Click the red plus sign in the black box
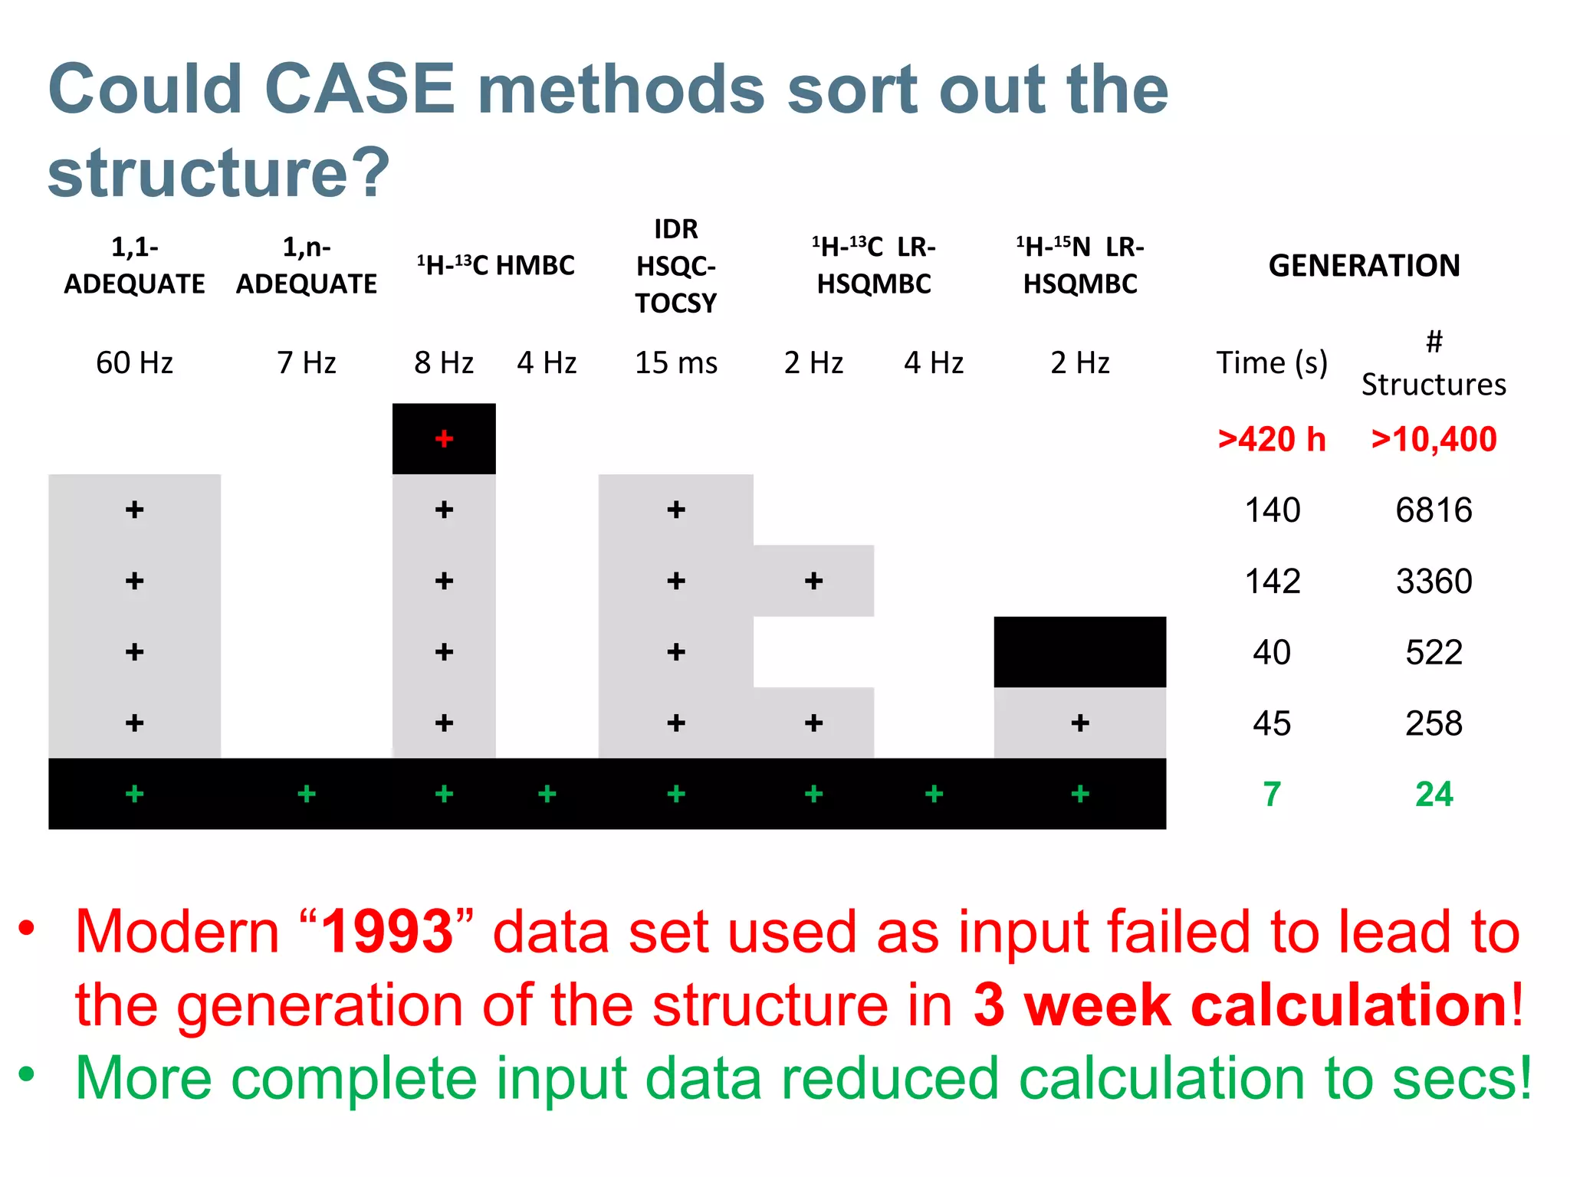tap(444, 438)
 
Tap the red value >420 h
tap(1272, 439)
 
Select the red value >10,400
tap(1434, 439)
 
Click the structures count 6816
tap(1434, 510)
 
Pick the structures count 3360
tap(1434, 581)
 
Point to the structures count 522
tap(1434, 652)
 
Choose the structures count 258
tap(1434, 723)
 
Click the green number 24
tap(1434, 794)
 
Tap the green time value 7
tap(1272, 794)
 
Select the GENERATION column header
tap(1364, 265)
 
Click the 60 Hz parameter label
tap(134, 362)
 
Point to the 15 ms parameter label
tap(675, 362)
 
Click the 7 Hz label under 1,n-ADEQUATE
tap(307, 362)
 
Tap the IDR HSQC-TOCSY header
tap(675, 266)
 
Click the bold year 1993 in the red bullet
tap(387, 932)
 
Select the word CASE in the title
tap(360, 89)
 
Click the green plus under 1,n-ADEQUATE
tap(307, 794)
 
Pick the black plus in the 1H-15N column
tap(1080, 723)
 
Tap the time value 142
tap(1272, 581)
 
